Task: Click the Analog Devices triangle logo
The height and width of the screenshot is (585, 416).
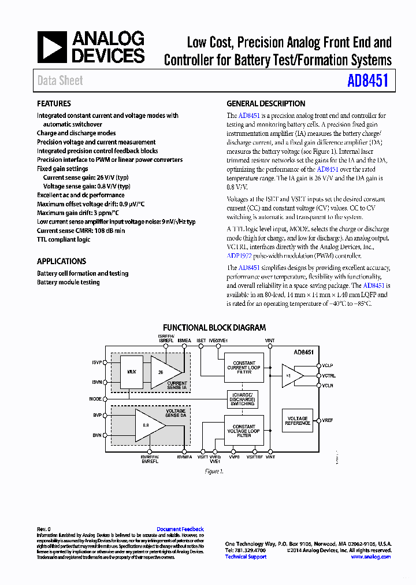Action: (x=53, y=47)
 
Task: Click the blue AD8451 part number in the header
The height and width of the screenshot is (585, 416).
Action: (x=367, y=80)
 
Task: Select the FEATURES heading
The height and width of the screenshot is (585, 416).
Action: (x=54, y=103)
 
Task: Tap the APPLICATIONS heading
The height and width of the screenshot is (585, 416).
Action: (x=61, y=261)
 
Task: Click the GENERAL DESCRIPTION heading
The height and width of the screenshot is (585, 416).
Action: (x=266, y=103)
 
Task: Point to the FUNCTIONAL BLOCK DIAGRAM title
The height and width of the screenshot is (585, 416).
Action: (x=214, y=327)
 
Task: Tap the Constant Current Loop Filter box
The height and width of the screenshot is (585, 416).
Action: (x=244, y=368)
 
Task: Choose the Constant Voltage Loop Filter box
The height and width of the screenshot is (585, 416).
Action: (x=244, y=431)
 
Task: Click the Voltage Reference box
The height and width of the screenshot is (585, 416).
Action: (x=298, y=421)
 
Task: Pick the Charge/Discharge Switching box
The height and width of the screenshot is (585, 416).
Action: (x=242, y=399)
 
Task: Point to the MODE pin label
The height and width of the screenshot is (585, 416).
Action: (x=95, y=399)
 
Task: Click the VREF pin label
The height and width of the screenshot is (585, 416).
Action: (x=328, y=420)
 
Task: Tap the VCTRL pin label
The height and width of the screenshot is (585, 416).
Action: (x=329, y=376)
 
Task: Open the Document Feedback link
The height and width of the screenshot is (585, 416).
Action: (x=180, y=529)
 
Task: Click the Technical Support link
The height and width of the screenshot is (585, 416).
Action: (x=246, y=557)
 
